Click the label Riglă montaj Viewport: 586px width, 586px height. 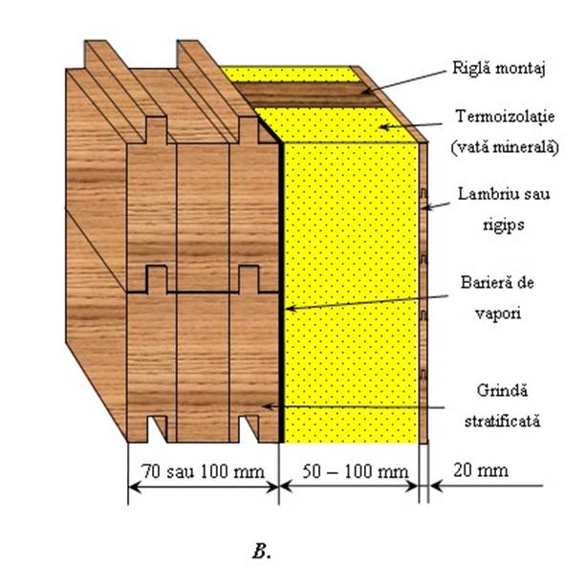(499, 69)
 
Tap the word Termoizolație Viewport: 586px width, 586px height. (505, 117)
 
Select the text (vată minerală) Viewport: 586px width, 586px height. (505, 147)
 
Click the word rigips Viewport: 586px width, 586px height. (503, 226)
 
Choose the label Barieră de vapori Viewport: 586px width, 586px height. (497, 298)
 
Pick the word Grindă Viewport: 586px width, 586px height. (502, 391)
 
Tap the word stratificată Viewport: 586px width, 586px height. (502, 422)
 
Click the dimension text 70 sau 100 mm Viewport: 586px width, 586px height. (204, 471)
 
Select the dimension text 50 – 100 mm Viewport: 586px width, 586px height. (355, 471)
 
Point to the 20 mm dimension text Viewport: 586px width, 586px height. (481, 470)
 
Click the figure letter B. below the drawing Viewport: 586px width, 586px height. (262, 552)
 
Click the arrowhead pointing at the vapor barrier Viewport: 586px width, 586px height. (291, 309)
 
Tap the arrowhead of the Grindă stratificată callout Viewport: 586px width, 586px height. (268, 406)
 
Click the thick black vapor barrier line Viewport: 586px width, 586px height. (281, 292)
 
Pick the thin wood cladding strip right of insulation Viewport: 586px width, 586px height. (423, 293)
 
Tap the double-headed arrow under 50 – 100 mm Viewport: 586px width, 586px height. (349, 487)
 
